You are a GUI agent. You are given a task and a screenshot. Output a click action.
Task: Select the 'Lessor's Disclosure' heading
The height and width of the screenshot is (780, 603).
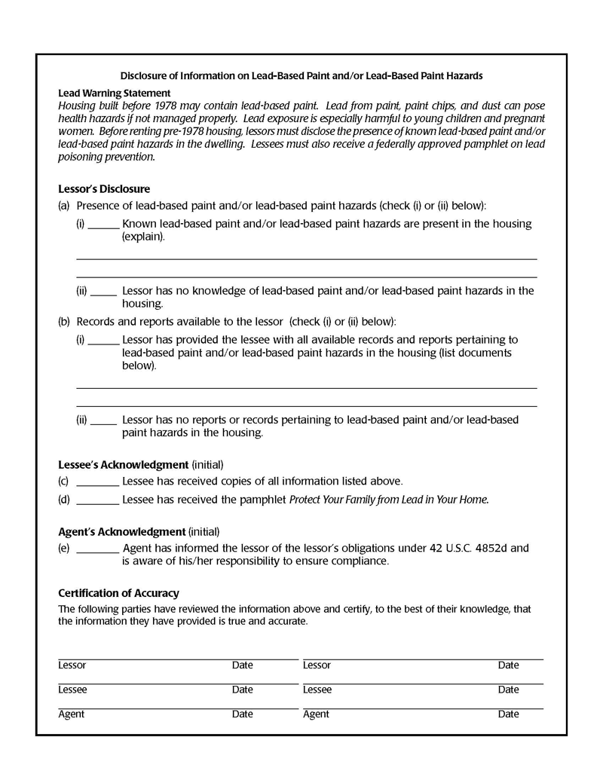point(104,189)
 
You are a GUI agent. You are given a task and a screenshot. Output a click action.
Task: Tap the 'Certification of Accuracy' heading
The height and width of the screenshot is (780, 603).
point(118,593)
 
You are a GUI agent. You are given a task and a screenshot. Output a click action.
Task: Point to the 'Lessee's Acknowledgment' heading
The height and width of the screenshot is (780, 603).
point(123,464)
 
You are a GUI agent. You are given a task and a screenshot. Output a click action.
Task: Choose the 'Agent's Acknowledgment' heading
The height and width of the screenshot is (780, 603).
point(121,531)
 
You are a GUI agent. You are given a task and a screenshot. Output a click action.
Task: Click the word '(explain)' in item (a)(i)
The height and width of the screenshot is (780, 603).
point(143,237)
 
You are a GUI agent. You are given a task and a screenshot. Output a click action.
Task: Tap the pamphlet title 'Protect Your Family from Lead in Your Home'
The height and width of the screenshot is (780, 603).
point(389,499)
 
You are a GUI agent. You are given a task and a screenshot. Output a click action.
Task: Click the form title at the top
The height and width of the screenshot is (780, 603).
point(301,75)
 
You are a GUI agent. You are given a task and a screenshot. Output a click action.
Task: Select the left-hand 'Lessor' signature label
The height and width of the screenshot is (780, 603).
point(72,665)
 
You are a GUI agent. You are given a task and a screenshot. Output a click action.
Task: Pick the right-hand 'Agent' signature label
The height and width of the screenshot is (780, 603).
point(316,714)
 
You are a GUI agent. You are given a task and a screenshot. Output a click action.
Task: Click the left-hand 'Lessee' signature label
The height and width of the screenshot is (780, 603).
point(72,690)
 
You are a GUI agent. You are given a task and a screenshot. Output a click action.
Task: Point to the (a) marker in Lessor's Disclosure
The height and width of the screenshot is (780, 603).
point(64,205)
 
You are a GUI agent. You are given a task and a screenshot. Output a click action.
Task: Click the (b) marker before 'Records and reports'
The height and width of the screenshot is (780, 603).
point(64,322)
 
